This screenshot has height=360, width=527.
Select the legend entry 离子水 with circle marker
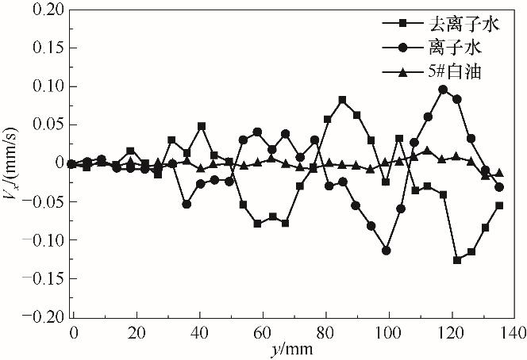(x=444, y=49)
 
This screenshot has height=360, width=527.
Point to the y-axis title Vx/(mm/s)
(x=13, y=163)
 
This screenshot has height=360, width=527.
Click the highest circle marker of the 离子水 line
(x=443, y=90)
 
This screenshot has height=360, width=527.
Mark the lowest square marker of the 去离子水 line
(x=457, y=259)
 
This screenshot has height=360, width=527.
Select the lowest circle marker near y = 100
(x=387, y=250)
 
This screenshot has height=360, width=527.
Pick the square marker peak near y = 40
(x=202, y=126)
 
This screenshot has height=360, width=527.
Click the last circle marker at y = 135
(x=499, y=187)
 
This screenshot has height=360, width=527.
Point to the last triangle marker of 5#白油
(x=499, y=173)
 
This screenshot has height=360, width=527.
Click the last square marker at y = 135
(x=499, y=205)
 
